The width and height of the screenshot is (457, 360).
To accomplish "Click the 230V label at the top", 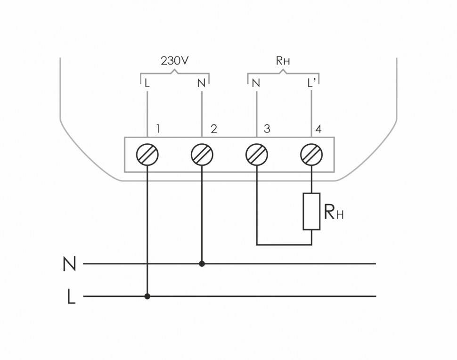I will point(175,61).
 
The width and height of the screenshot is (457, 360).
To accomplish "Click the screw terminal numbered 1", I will point(148,154).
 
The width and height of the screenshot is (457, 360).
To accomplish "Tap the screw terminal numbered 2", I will point(202,154).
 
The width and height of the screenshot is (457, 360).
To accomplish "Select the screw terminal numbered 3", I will point(257,154).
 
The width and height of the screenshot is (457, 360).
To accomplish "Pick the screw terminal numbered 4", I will point(311,154).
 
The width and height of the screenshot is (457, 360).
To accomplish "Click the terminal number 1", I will point(159,129).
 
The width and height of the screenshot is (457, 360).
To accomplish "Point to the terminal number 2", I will point(213,129).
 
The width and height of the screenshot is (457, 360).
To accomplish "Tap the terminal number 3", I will point(267,129).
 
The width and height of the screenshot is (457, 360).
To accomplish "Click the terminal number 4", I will point(319,129).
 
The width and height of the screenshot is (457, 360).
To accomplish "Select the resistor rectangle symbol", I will point(311,211).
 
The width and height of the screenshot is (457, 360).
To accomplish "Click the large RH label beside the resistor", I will point(334,213).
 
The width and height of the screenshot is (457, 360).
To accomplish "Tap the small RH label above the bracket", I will point(283,61).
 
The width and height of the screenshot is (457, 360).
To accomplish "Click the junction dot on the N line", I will point(202,264).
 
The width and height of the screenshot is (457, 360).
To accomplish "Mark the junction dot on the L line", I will point(147,296).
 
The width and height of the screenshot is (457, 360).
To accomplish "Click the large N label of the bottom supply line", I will point(69,264).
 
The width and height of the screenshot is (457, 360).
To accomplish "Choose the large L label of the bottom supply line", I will point(71,297).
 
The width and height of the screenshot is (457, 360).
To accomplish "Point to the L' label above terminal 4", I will point(312,83).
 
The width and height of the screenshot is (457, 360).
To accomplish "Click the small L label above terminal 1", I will point(147,83).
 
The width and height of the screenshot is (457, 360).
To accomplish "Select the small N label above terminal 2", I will point(202,83).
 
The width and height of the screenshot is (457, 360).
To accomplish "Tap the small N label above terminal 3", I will point(256,83).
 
